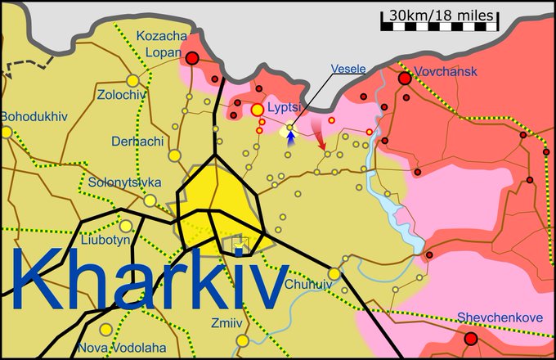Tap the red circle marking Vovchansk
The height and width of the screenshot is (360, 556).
[x=404, y=79]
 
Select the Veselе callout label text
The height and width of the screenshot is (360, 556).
[x=347, y=69]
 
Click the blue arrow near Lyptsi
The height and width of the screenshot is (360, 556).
[x=290, y=137]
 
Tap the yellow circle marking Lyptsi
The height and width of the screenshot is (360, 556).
[x=258, y=109]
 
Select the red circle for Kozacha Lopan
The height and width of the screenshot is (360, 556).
[x=193, y=58]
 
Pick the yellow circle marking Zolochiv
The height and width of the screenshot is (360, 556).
[x=132, y=80]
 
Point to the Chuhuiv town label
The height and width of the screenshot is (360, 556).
[x=310, y=285]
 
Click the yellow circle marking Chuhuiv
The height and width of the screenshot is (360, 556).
[x=334, y=273]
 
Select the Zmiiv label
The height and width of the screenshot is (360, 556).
[x=226, y=322]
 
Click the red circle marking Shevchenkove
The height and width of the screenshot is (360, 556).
[x=470, y=339]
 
